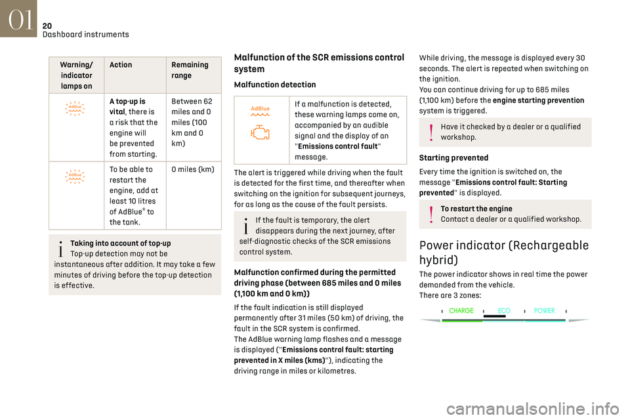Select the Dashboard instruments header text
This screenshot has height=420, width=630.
click(x=85, y=34)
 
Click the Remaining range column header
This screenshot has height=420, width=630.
click(x=189, y=70)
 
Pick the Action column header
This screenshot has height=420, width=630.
click(x=121, y=65)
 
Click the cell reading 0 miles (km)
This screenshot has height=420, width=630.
click(x=192, y=169)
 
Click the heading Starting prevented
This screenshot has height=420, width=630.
click(x=453, y=158)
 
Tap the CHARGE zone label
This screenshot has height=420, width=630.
click(x=462, y=311)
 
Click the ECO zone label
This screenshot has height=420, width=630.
click(x=504, y=311)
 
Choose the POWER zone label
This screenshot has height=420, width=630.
click(x=545, y=311)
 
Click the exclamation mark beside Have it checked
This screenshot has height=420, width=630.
click(x=431, y=133)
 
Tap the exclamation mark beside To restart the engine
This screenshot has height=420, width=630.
click(x=431, y=215)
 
